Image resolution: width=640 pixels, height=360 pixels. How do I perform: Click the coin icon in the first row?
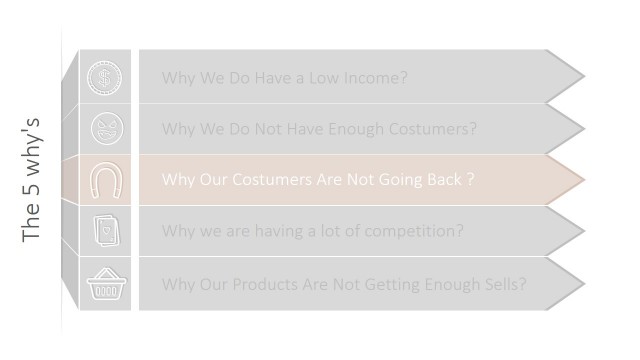(x=104, y=77)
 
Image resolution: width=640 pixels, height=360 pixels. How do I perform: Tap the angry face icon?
(x=104, y=129)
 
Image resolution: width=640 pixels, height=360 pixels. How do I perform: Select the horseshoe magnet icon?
(x=104, y=180)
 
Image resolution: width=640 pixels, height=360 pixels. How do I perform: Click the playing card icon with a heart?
(x=104, y=231)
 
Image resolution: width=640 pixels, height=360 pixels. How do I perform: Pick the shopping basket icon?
(x=104, y=283)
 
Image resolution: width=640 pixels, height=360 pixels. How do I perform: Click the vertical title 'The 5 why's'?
(x=31, y=180)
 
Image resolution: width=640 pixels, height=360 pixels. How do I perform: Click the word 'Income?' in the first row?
(x=375, y=78)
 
